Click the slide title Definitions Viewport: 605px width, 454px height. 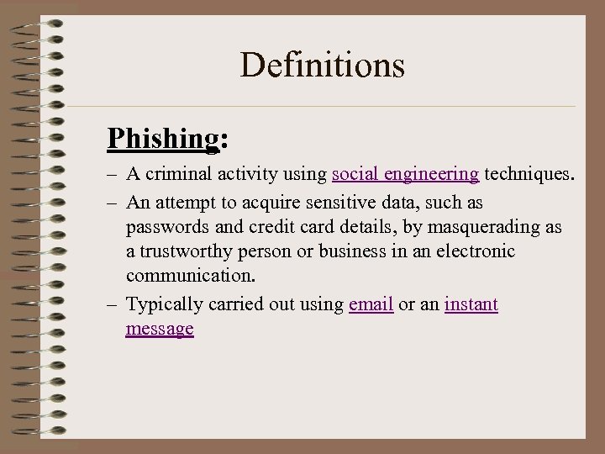323,65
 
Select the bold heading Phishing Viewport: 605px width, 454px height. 162,137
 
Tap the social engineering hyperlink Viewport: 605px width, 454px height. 405,175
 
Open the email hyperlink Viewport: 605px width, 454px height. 371,304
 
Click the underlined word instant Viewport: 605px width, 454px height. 471,304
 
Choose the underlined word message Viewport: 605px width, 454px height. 160,329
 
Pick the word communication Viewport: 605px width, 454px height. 181,277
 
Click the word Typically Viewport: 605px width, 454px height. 160,304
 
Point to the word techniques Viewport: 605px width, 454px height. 530,175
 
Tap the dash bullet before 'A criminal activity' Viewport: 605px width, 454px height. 112,176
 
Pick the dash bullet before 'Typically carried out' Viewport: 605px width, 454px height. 112,305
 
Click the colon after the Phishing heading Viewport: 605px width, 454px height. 223,140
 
